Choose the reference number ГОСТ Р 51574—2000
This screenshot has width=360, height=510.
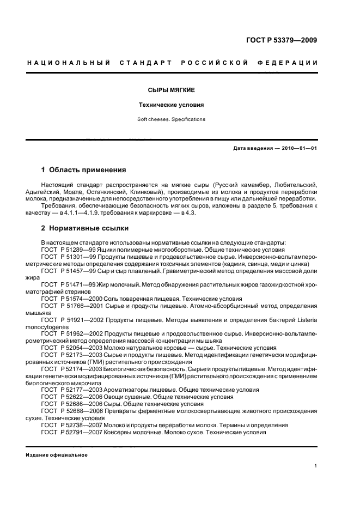(71, 298)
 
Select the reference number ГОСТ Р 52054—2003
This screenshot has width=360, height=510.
(71, 348)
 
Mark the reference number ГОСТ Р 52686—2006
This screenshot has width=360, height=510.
(71, 404)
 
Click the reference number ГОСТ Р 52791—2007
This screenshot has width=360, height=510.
(71, 432)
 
